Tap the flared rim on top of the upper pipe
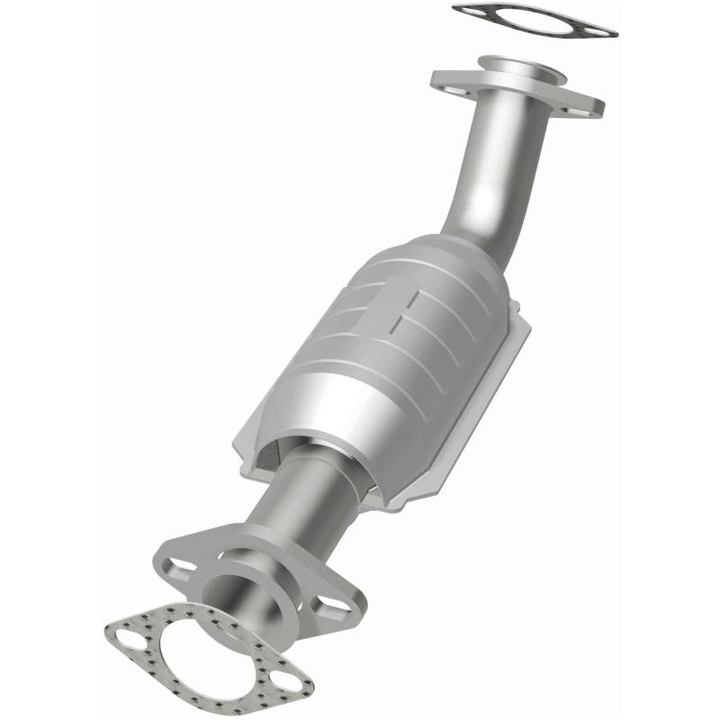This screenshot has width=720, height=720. [517, 67]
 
